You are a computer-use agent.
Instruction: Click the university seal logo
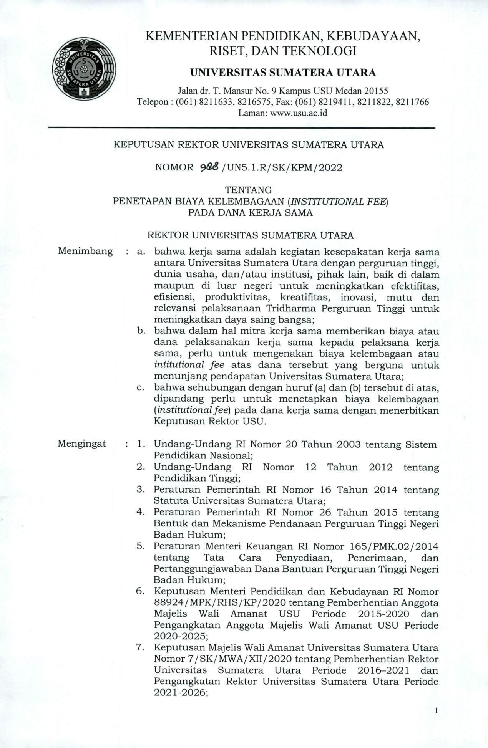tap(84, 69)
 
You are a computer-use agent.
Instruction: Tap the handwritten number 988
tap(209, 167)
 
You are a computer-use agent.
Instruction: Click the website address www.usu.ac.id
tap(299, 113)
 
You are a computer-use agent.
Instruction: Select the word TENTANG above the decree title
tap(248, 190)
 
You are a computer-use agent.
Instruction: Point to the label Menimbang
tap(85, 251)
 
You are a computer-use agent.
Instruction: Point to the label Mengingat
tap(82, 444)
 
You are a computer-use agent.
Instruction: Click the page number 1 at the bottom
tap(436, 710)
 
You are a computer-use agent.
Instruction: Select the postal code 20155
tap(376, 91)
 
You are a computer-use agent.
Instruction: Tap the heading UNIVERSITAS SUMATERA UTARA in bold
tap(283, 73)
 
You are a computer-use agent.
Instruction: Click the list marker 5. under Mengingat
tap(141, 546)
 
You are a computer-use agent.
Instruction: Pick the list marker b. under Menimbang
tap(141, 331)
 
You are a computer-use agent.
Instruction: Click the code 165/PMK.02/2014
tap(394, 546)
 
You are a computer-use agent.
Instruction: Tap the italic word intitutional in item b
tap(179, 365)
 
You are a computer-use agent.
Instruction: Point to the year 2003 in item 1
tap(349, 444)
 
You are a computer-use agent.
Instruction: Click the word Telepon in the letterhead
tap(153, 102)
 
